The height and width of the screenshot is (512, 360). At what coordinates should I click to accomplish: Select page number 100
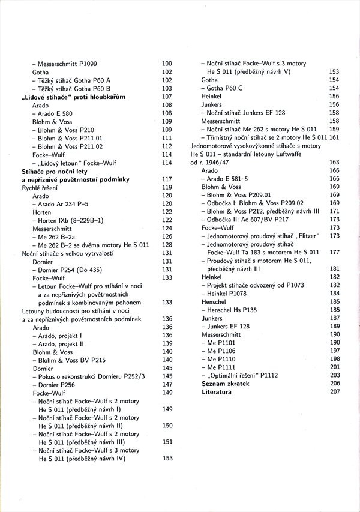click(x=167, y=63)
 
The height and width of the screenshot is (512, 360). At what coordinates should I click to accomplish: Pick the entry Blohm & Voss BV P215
click(x=71, y=360)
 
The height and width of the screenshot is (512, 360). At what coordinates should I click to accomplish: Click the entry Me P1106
click(x=221, y=351)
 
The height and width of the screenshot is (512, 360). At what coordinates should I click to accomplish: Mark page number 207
click(x=334, y=391)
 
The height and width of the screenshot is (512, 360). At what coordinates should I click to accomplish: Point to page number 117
click(x=167, y=179)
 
